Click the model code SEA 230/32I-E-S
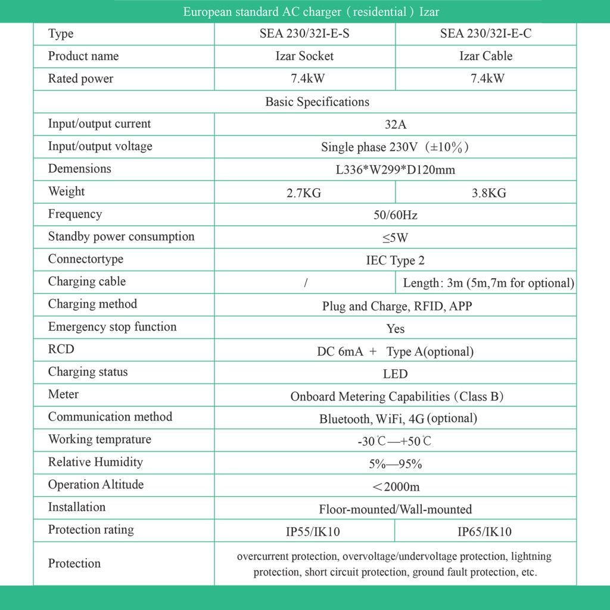point(304,34)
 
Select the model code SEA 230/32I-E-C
point(485,34)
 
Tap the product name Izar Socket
point(304,57)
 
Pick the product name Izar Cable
point(485,57)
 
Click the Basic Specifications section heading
point(317,102)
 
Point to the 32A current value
point(395,125)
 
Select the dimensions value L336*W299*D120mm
point(395,170)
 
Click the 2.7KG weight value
point(304,193)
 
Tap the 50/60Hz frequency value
point(395,215)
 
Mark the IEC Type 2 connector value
point(395,261)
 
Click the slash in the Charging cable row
point(305,284)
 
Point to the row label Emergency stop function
point(112,327)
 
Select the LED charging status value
point(395,374)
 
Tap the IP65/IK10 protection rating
point(484,532)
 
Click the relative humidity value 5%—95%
point(395,464)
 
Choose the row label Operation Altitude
point(96,485)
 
